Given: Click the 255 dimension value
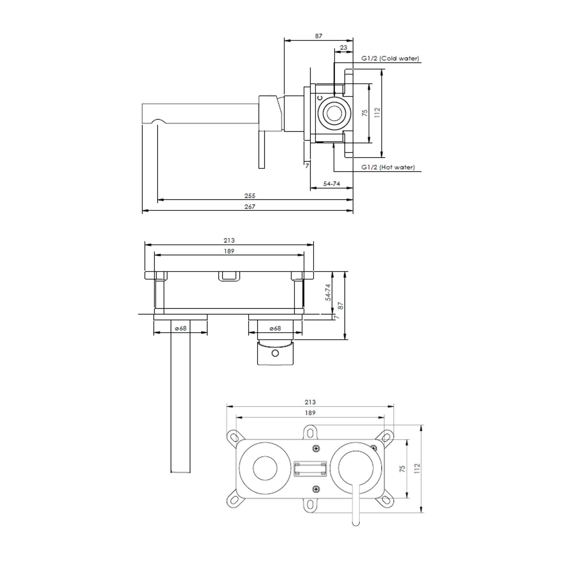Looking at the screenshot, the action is coord(250,196).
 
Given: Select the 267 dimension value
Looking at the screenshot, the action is coord(250,207).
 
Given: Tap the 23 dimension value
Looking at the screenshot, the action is coord(343,47).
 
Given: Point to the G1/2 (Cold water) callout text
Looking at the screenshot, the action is coord(390,58).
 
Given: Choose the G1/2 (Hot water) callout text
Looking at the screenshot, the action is coord(388,167).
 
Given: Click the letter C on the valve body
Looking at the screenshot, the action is coord(320,98).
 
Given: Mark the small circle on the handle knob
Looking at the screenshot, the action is coord(275,353).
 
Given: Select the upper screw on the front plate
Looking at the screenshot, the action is coord(316,449).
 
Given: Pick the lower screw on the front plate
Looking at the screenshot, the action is coord(316,489).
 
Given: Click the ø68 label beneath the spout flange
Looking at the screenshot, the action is coord(180,328).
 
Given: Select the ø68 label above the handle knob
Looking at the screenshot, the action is coord(275,328).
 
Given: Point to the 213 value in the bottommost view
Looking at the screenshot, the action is coord(310,402).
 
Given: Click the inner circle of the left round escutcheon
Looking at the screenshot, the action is coord(264,468).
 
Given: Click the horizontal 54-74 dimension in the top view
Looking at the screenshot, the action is coord(331,184).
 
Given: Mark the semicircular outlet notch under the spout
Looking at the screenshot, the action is coord(159,122).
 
